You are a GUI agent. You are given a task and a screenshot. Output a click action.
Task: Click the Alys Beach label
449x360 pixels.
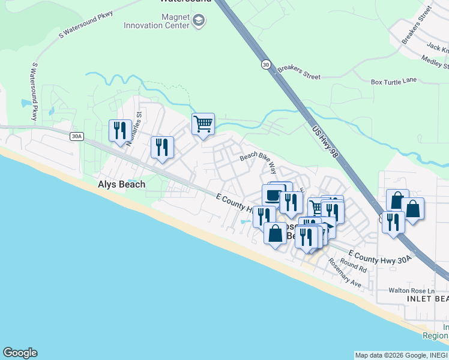(121, 184)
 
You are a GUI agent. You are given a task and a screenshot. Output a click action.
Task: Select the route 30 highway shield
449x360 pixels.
(265, 64)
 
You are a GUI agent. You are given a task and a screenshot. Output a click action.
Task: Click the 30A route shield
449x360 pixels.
(76, 136)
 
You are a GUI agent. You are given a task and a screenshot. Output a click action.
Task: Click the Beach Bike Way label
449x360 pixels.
(258, 160)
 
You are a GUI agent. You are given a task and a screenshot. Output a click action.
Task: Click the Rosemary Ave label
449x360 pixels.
(344, 273)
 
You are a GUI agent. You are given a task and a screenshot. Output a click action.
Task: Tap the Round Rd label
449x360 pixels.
(353, 265)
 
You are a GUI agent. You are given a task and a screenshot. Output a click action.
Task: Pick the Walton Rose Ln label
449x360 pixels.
(410, 290)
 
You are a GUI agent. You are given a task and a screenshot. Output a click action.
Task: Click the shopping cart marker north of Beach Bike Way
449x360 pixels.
(203, 124)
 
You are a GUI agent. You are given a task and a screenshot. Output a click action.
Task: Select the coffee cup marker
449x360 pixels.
(273, 195)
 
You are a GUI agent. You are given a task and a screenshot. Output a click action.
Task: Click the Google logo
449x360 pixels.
(20, 353)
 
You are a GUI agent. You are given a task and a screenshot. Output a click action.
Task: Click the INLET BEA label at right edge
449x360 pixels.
(427, 299)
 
